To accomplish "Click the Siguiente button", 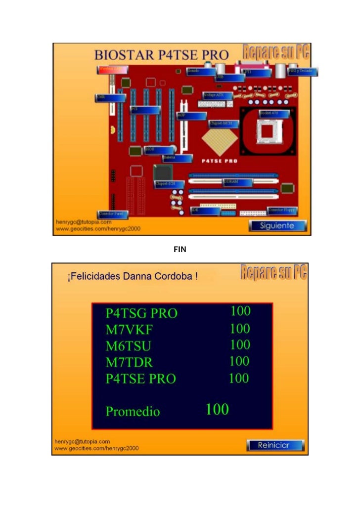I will pos(277,226).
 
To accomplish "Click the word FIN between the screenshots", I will pos(180,250).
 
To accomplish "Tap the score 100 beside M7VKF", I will pos(240,328).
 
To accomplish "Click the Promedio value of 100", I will pos(217,410).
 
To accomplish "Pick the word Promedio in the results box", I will pos(133,412).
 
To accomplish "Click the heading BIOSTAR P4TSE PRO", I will pos(162,55).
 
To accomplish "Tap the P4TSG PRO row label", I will pos(141,313).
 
